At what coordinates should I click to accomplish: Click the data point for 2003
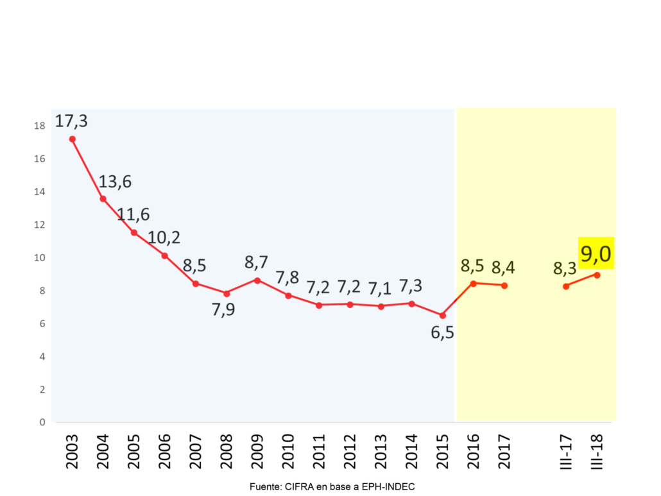73,139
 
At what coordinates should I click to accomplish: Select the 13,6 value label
115,182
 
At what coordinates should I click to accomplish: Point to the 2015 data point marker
442,315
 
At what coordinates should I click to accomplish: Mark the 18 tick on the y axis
40,126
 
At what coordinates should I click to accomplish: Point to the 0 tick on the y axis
42,422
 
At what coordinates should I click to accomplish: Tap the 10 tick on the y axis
40,258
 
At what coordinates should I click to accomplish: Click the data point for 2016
473,283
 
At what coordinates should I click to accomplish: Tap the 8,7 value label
257,262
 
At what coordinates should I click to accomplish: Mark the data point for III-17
566,286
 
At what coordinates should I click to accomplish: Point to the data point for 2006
165,256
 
